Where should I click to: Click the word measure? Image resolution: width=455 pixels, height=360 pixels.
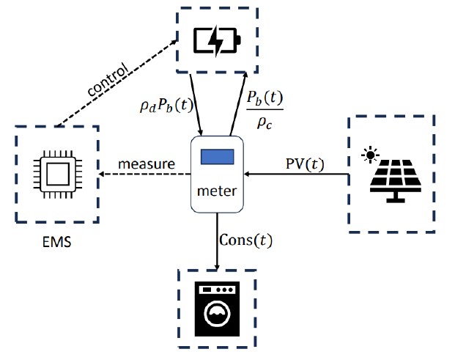pos(147,164)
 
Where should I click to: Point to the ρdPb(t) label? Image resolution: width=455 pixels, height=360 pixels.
pos(166,106)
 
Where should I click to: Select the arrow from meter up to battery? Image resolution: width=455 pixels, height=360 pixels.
pos(240,103)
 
